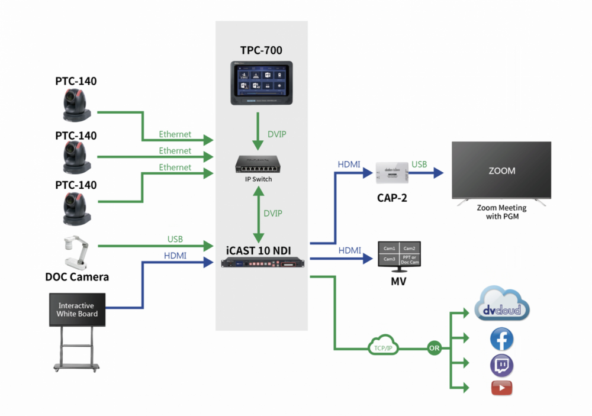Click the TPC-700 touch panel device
click(x=261, y=82)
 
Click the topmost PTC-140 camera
click(x=76, y=105)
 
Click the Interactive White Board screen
click(x=77, y=310)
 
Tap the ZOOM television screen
click(x=501, y=170)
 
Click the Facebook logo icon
click(x=501, y=340)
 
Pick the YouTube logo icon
click(x=501, y=388)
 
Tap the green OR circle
click(x=434, y=348)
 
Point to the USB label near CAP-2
click(x=420, y=164)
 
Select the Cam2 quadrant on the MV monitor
click(x=409, y=249)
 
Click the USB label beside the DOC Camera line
click(x=175, y=239)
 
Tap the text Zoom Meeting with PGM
click(x=501, y=212)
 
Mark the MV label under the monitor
click(x=398, y=281)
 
